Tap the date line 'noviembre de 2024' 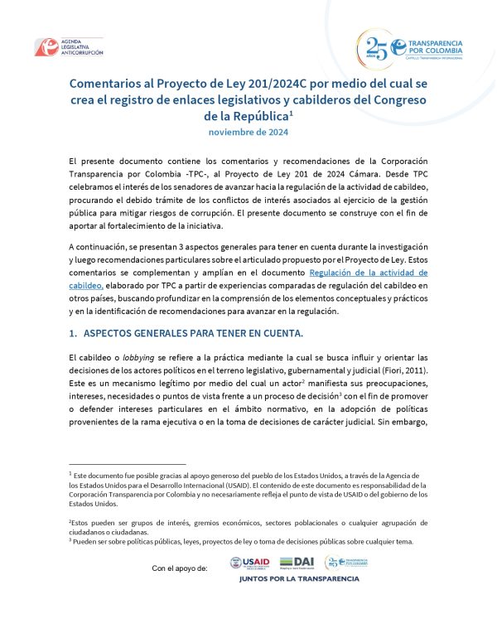click(x=248, y=132)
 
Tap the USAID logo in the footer click(x=248, y=563)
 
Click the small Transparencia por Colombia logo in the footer click(x=345, y=563)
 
